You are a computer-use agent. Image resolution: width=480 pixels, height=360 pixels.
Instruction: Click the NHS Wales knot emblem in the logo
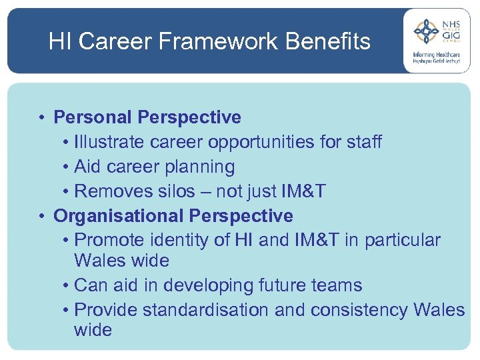pyautogui.click(x=425, y=31)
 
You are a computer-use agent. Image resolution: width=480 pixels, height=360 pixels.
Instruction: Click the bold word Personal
pyautogui.click(x=93, y=117)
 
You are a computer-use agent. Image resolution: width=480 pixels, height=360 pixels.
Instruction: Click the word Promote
pyautogui.click(x=109, y=241)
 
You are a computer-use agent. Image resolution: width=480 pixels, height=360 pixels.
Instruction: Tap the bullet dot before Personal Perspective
pyautogui.click(x=41, y=118)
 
